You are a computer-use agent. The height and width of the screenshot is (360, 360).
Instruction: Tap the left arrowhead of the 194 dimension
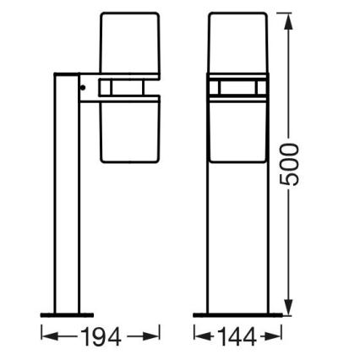[x=46, y=337]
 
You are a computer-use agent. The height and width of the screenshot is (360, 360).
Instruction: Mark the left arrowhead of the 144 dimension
[x=199, y=337]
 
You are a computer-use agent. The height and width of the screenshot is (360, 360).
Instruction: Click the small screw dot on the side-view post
[x=82, y=85]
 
